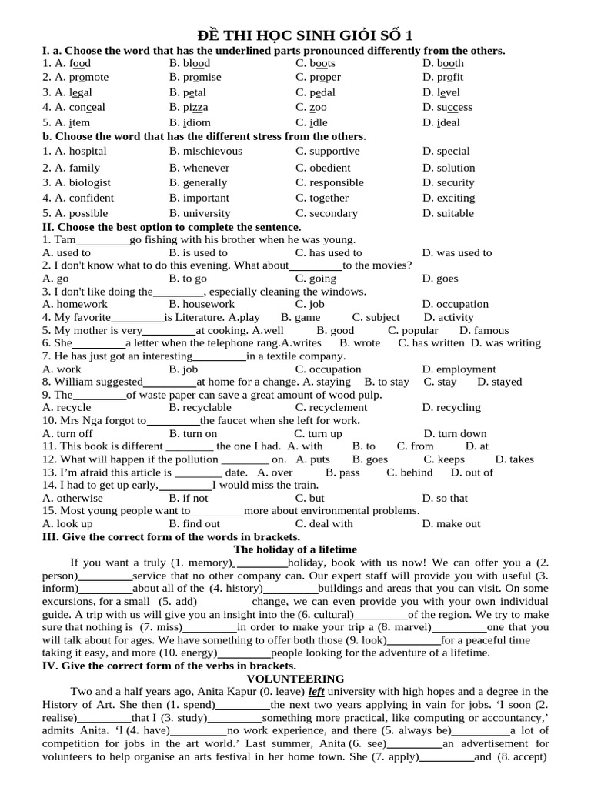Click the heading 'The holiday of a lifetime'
click(x=295, y=549)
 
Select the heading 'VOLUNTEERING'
click(x=295, y=679)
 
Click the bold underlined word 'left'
click(x=316, y=692)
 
